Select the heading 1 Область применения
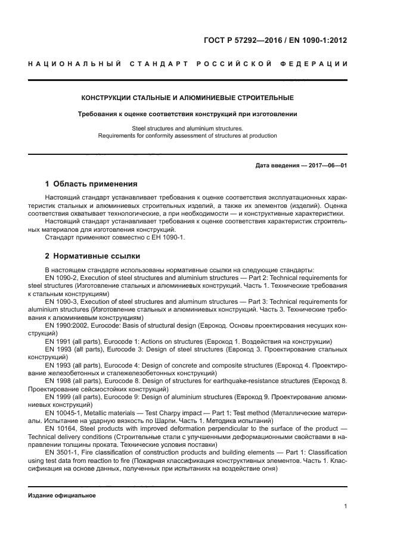91,183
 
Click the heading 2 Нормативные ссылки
92,256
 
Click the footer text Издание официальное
62,496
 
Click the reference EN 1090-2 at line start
61,278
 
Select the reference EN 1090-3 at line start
61,302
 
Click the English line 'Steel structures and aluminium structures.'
188,128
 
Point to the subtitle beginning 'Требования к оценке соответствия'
188,113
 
